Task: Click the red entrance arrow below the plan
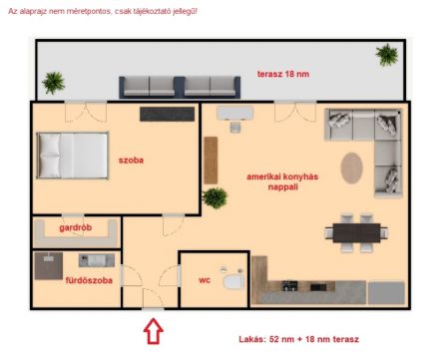[154, 331]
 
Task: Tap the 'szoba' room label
[131, 161]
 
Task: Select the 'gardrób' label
[76, 227]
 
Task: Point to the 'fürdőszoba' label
[89, 280]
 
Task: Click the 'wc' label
[205, 280]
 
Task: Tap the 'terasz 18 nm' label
[283, 74]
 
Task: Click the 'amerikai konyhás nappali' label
[282, 181]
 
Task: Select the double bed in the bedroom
[73, 156]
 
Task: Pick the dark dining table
[356, 233]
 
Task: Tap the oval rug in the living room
[351, 168]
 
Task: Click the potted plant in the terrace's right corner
[387, 55]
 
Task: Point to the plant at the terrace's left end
[53, 83]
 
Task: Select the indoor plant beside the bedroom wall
[215, 197]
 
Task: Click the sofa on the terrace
[180, 87]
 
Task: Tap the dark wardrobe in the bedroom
[167, 114]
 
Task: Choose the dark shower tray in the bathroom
[49, 266]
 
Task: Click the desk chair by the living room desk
[235, 128]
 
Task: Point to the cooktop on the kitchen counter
[289, 285]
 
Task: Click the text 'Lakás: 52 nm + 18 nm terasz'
[298, 339]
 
